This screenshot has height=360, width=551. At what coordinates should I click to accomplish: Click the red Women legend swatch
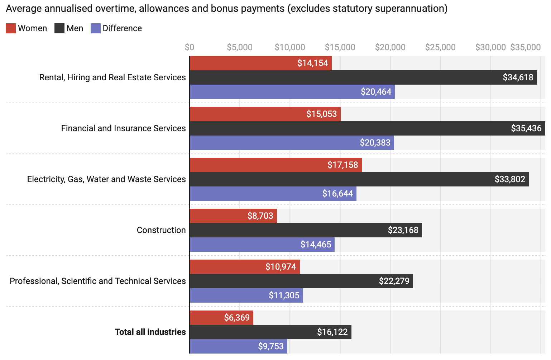(11, 28)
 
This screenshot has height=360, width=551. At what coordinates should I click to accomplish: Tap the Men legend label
(75, 28)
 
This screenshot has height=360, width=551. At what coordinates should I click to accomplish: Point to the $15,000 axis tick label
(340, 47)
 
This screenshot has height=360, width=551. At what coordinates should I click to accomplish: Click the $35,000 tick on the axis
(525, 47)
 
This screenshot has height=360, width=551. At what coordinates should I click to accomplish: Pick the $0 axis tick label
(190, 47)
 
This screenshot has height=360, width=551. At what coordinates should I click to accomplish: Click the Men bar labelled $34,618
(363, 77)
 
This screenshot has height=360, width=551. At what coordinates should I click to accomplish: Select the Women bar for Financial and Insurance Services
(265, 114)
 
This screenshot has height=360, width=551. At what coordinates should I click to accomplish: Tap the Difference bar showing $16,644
(273, 194)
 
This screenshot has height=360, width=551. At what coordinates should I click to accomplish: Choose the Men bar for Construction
(306, 230)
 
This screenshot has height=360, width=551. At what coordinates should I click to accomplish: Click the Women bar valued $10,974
(244, 267)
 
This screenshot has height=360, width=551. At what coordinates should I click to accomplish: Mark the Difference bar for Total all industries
(238, 346)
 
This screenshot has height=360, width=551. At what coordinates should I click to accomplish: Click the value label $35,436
(526, 128)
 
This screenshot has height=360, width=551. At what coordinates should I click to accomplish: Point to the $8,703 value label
(260, 216)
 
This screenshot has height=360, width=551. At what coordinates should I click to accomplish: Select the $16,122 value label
(332, 332)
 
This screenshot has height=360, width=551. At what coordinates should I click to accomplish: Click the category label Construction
(161, 230)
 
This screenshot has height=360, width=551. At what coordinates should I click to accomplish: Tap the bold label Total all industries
(150, 332)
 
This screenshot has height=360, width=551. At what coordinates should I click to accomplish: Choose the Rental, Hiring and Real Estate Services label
(112, 77)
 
